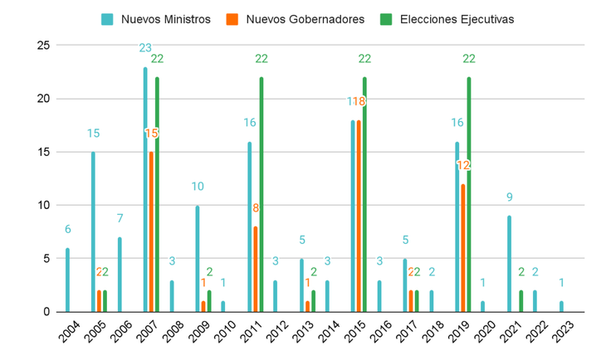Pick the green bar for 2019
pyautogui.click(x=469, y=194)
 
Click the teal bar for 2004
pyautogui.click(x=67, y=280)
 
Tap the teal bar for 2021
pyautogui.click(x=509, y=264)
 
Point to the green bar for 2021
pyautogui.click(x=521, y=301)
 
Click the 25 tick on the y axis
pyautogui.click(x=43, y=45)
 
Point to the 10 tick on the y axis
pyautogui.click(x=43, y=205)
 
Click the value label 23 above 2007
pyautogui.click(x=144, y=48)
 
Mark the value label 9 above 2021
pyautogui.click(x=509, y=197)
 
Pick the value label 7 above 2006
pyautogui.click(x=119, y=219)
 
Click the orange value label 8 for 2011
pyautogui.click(x=256, y=208)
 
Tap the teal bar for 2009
pyautogui.click(x=198, y=258)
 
